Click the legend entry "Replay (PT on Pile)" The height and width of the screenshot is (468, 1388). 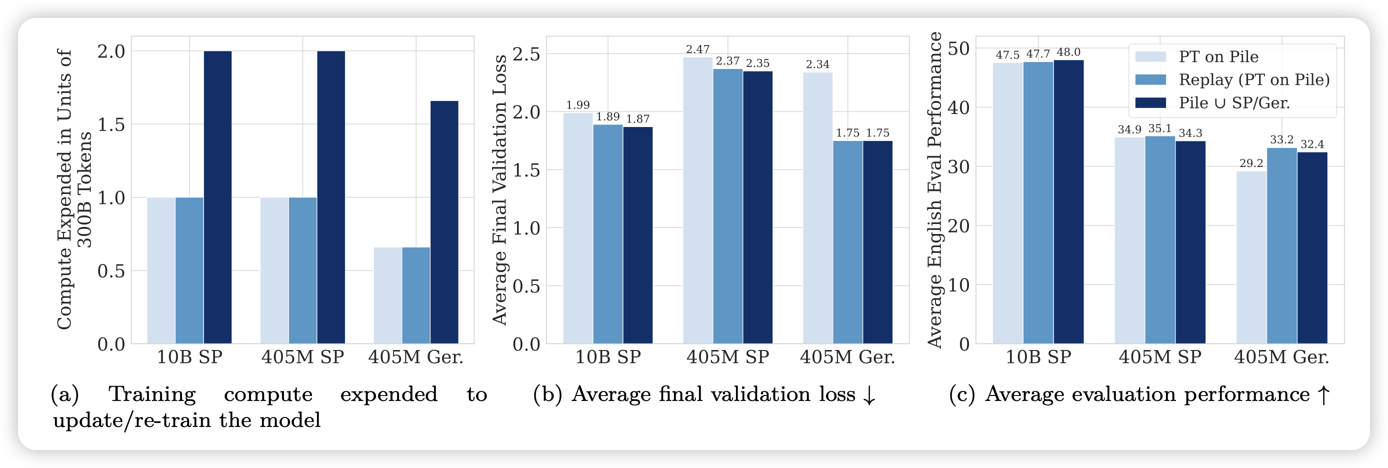coord(1254,79)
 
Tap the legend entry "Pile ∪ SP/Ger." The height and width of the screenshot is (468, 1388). coord(1234,103)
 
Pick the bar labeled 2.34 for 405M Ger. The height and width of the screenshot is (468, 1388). coord(817,208)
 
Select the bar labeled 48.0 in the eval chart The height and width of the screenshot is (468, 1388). coord(1068,202)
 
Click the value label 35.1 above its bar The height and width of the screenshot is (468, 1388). coord(1159,128)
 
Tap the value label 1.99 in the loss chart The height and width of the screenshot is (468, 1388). coord(577,105)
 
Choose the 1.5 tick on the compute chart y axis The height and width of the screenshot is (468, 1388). coord(111,124)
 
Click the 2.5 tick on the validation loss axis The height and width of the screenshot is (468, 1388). coord(526,54)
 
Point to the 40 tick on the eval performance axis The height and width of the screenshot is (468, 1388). coord(958,107)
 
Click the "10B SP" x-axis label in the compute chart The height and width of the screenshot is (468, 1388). coord(189,357)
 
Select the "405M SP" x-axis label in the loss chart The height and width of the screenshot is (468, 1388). coord(727,357)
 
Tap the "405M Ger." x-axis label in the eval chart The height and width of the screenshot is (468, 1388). coord(1281,357)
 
